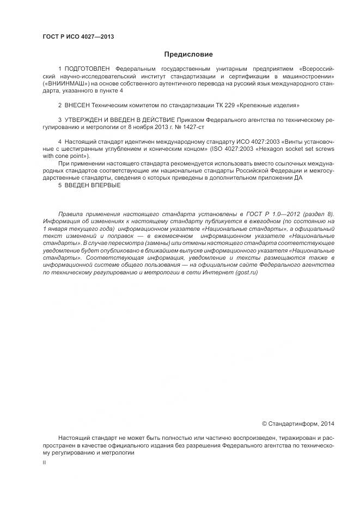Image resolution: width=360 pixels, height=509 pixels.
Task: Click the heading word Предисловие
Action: (188, 54)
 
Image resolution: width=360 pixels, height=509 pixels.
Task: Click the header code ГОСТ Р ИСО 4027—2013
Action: (78, 37)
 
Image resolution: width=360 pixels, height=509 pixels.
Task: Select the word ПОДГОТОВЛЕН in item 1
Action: (87, 69)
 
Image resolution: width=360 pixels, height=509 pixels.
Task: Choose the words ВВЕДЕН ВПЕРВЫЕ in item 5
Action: (93, 185)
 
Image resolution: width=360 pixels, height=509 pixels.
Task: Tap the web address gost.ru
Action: (247, 272)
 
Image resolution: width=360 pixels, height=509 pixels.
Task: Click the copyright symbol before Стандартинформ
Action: (265, 423)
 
